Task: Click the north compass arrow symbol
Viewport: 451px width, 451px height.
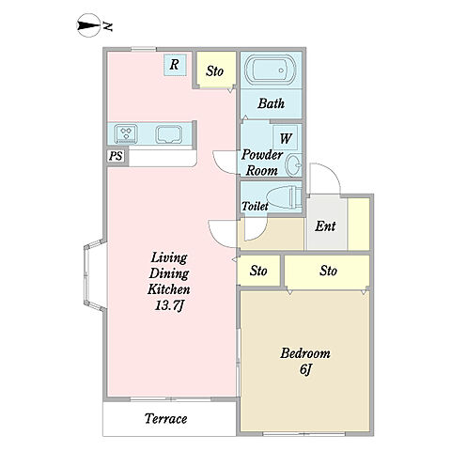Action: click(x=90, y=25)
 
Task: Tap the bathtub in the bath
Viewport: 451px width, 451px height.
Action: click(x=271, y=70)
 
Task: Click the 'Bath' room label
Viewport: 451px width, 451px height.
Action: click(x=271, y=103)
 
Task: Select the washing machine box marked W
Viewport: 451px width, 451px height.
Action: click(x=285, y=138)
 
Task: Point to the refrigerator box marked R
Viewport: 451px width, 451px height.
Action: click(x=175, y=65)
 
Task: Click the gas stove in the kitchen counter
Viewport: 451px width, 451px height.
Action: click(x=126, y=133)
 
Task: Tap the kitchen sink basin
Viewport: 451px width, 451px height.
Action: click(x=169, y=134)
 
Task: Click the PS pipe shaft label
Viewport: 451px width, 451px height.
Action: click(x=116, y=156)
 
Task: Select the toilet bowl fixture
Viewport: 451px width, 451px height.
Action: click(x=285, y=197)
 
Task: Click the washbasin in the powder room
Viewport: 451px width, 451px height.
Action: click(x=294, y=164)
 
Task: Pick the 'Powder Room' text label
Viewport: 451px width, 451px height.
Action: click(x=262, y=163)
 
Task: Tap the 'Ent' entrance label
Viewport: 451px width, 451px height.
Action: click(x=325, y=226)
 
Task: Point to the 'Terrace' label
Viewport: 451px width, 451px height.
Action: click(x=166, y=418)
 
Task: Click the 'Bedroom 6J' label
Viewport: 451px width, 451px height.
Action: click(x=305, y=361)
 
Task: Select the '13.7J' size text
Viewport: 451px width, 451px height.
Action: click(x=169, y=306)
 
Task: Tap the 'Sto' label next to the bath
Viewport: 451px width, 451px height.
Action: click(x=215, y=71)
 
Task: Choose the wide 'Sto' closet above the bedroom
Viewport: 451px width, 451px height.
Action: click(x=327, y=271)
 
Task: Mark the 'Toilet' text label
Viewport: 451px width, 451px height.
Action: click(x=255, y=206)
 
